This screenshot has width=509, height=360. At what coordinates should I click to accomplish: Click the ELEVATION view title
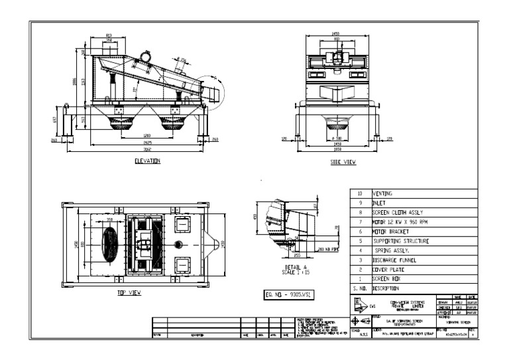pyautogui.click(x=146, y=160)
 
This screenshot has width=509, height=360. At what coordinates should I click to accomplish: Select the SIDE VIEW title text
pyautogui.click(x=343, y=162)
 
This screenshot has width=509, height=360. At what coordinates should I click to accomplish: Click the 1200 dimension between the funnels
pyautogui.click(x=146, y=136)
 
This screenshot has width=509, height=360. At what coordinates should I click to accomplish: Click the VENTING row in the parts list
pyautogui.click(x=383, y=194)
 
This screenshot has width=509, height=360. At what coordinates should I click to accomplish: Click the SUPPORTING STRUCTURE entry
pyautogui.click(x=400, y=241)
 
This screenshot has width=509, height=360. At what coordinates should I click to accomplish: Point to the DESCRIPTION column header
pyautogui.click(x=388, y=289)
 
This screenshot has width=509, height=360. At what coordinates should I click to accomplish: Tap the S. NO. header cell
pyautogui.click(x=359, y=289)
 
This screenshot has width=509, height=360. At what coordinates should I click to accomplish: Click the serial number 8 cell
pyautogui.click(x=359, y=213)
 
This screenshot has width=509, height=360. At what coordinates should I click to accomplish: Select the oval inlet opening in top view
pyautogui.click(x=110, y=244)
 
